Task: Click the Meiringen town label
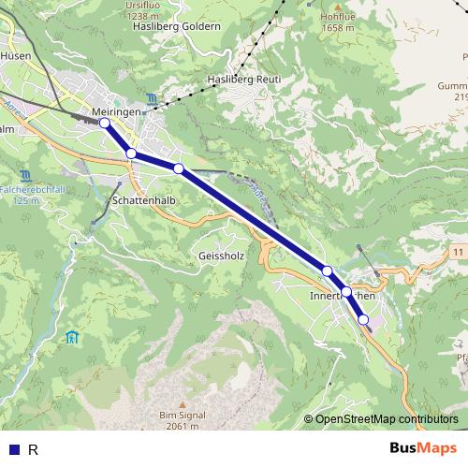point(117,111)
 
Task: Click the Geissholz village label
point(221,254)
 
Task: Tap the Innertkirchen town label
point(342,296)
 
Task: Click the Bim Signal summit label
point(182,415)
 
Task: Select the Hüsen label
point(16,56)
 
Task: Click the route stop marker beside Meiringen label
point(105,123)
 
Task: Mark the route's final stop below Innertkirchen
point(363,320)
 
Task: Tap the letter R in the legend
point(34,449)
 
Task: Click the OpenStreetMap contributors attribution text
point(387,418)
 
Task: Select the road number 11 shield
point(457,254)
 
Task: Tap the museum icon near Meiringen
point(153,98)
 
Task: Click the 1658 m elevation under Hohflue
point(337,28)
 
